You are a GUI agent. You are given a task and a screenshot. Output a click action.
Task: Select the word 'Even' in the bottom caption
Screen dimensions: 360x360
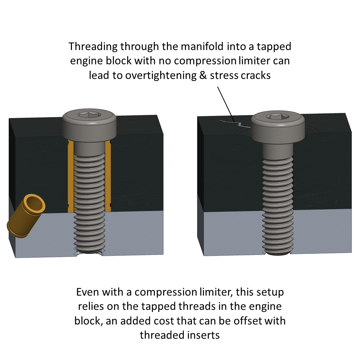pos(87,292)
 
